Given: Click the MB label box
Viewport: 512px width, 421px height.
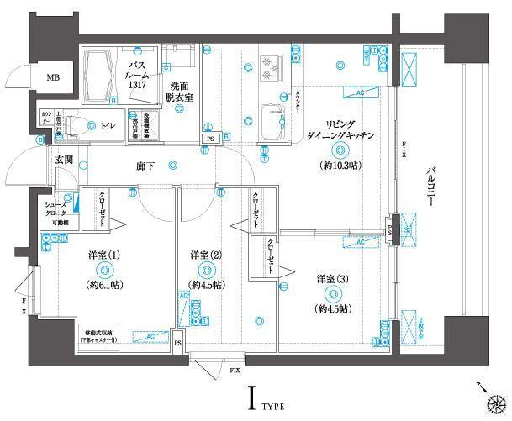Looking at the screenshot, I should click(x=53, y=78).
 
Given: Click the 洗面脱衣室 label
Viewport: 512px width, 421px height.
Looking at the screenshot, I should click(x=179, y=92).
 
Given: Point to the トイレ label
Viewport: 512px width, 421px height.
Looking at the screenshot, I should click(x=108, y=126).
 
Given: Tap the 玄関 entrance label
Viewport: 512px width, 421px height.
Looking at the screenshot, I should click(x=65, y=159).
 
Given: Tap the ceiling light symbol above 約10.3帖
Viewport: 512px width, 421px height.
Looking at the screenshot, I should click(x=338, y=151).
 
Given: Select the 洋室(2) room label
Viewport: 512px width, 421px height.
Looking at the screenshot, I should click(x=206, y=255).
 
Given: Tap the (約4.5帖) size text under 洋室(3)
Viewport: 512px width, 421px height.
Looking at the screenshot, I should click(x=334, y=309).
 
